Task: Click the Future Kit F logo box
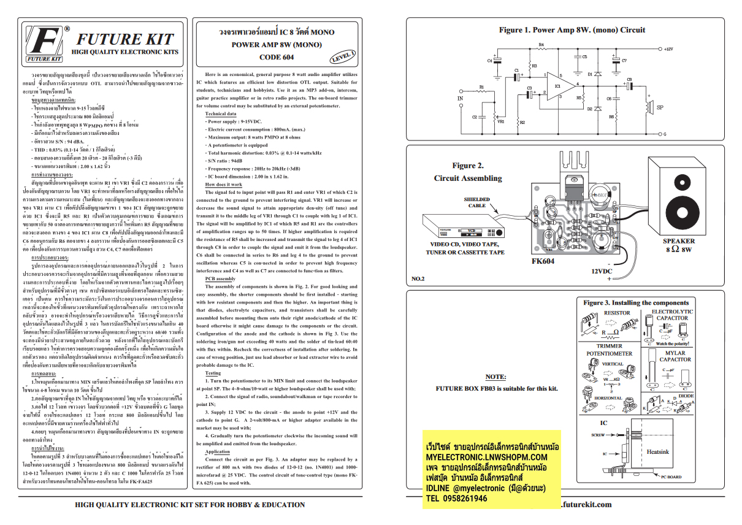pyautogui.click(x=44, y=44)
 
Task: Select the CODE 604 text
pyautogui.click(x=277, y=57)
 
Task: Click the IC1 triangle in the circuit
pyautogui.click(x=559, y=86)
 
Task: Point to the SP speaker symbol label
pyautogui.click(x=660, y=108)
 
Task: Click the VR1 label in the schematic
pyautogui.click(x=500, y=121)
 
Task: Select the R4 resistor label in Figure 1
pyautogui.click(x=541, y=45)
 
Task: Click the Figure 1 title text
pyautogui.click(x=572, y=29)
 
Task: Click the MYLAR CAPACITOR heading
pyautogui.click(x=675, y=356)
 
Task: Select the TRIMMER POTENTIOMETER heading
pyautogui.click(x=609, y=350)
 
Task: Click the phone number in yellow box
pyautogui.click(x=457, y=499)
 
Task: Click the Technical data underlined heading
pyautogui.click(x=220, y=114)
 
